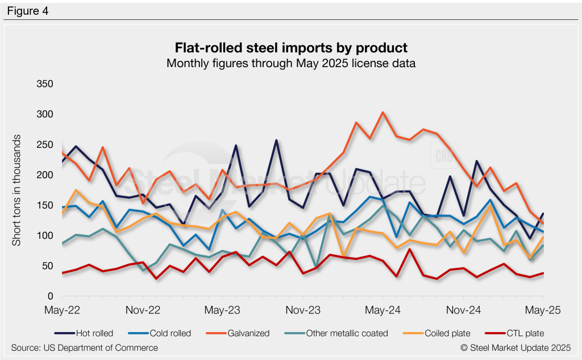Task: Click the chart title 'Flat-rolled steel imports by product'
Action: [290, 47]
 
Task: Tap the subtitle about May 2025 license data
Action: [290, 63]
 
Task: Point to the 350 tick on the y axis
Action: [44, 84]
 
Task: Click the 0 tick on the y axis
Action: [50, 297]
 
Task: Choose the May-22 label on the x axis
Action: [61, 311]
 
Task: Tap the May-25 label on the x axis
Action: [543, 311]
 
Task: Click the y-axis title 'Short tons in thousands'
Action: [17, 191]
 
